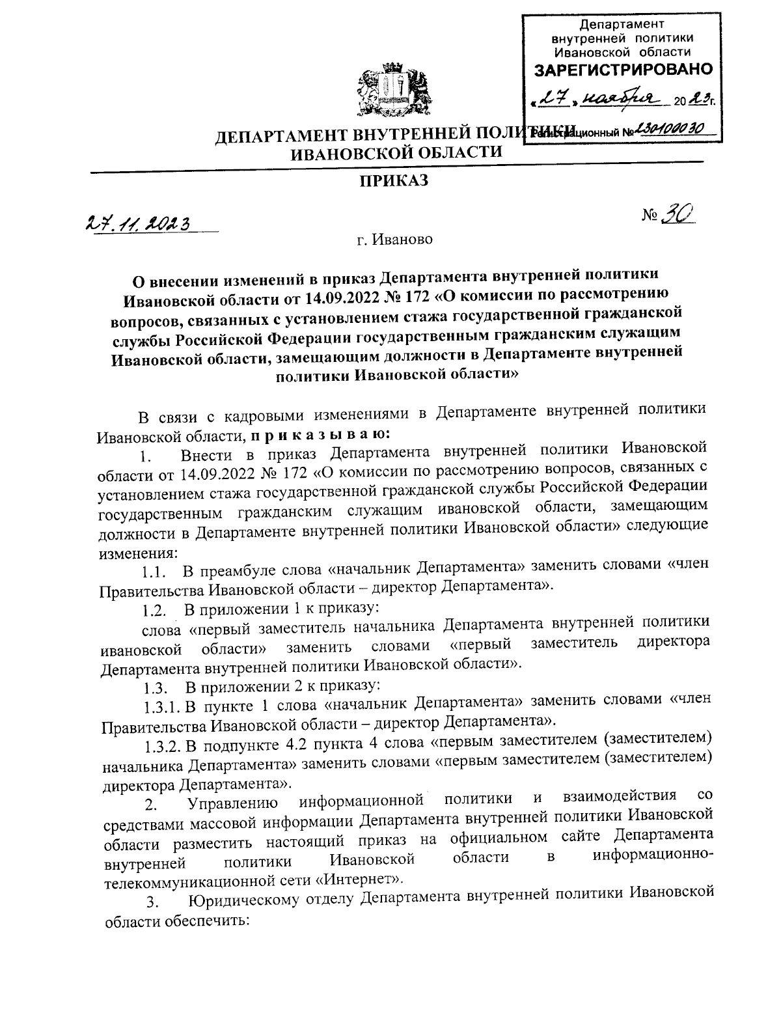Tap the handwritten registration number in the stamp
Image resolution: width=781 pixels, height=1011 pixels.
(x=666, y=129)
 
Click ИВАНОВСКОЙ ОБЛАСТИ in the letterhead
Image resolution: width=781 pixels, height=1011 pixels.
(x=396, y=153)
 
